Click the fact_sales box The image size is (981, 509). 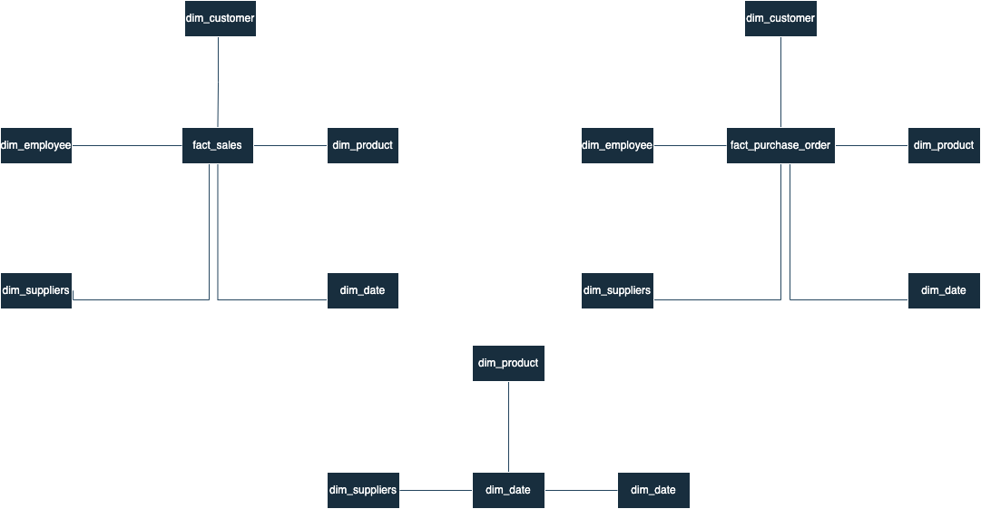pyautogui.click(x=218, y=145)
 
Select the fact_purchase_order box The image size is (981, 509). pyautogui.click(x=780, y=145)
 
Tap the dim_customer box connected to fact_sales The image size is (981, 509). pyautogui.click(x=220, y=18)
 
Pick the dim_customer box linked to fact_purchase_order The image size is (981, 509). pyautogui.click(x=780, y=18)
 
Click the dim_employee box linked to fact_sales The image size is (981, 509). pyautogui.click(x=36, y=145)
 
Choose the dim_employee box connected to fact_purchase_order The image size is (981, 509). pyautogui.click(x=617, y=145)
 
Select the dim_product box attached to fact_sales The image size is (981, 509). pyautogui.click(x=363, y=145)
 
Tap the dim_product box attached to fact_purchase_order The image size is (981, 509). pyautogui.click(x=944, y=145)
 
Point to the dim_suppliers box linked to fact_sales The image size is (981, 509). pyautogui.click(x=36, y=290)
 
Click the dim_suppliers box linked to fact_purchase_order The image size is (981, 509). pyautogui.click(x=617, y=290)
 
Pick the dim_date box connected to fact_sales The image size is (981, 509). pyautogui.click(x=363, y=290)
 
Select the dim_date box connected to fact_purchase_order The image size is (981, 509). pyautogui.click(x=944, y=290)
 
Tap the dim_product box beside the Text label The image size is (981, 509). pyautogui.click(x=508, y=363)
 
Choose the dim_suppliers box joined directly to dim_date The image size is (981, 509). pyautogui.click(x=363, y=490)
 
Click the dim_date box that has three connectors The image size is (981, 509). pyautogui.click(x=508, y=490)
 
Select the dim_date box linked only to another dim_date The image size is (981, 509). pyautogui.click(x=653, y=490)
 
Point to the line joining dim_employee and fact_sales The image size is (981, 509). pyautogui.click(x=127, y=145)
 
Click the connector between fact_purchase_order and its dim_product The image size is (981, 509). pyautogui.click(x=871, y=145)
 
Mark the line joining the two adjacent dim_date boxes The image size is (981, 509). pyautogui.click(x=581, y=490)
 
